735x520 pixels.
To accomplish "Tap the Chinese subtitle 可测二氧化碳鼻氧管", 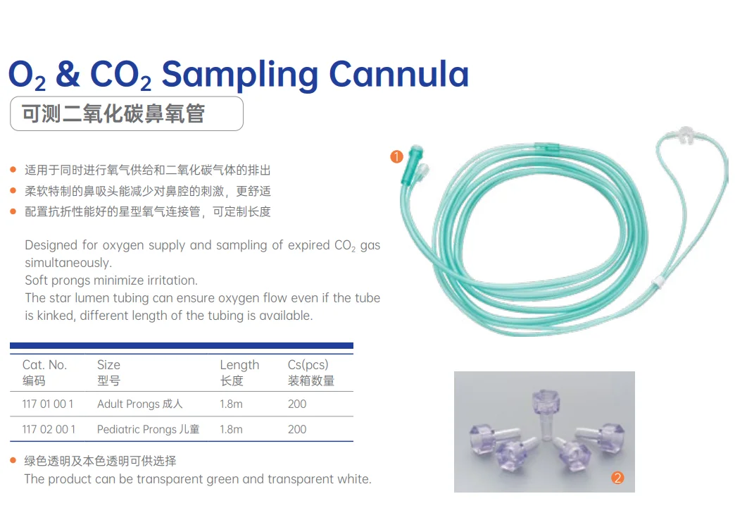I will click(113, 113).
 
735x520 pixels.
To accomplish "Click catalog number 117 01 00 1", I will click(48, 404).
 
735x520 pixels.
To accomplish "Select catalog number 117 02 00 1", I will click(49, 429).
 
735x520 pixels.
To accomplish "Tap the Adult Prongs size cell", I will click(139, 404).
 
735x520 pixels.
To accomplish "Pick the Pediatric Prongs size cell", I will click(148, 429).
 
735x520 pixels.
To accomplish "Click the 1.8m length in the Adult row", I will click(231, 404).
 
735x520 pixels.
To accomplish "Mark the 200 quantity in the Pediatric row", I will click(297, 429).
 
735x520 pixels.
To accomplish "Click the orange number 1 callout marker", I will click(396, 156).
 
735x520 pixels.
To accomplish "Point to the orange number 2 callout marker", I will click(617, 478).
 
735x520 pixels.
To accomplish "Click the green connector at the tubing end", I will click(412, 166).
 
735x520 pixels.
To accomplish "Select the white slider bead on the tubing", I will click(658, 280).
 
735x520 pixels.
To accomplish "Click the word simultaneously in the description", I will click(68, 263).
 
